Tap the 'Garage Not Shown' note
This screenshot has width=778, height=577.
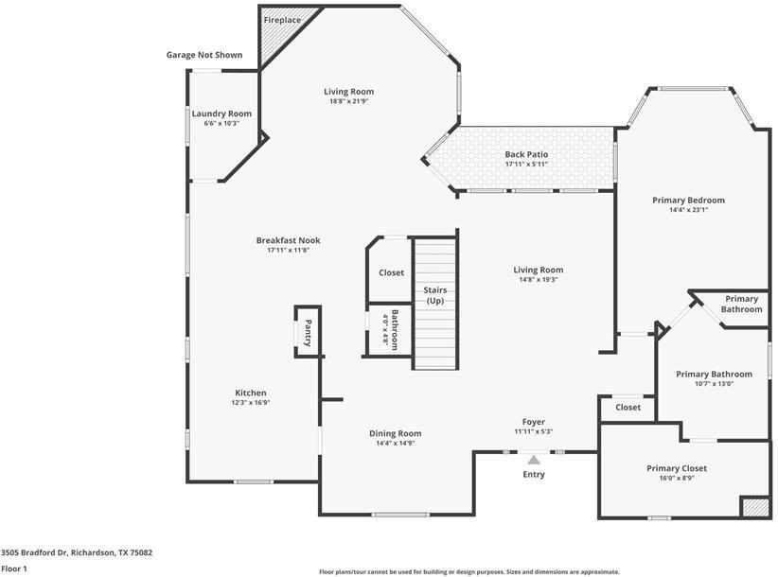[x=204, y=55]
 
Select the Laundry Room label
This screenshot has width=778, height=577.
[x=221, y=114]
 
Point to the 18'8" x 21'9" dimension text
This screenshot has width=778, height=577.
[x=350, y=101]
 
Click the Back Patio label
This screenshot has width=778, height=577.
[x=526, y=154]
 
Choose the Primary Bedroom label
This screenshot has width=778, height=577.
[x=688, y=200]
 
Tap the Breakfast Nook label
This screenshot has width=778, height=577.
[x=289, y=240]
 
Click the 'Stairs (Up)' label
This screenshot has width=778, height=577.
[x=434, y=295]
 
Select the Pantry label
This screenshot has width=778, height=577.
[x=308, y=332]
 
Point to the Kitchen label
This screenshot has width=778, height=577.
[x=251, y=393]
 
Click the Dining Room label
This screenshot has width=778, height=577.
[x=395, y=433]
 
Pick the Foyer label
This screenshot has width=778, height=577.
[x=534, y=422]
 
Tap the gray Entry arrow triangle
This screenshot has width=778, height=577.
[x=534, y=460]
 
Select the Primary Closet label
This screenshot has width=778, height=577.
[x=677, y=468]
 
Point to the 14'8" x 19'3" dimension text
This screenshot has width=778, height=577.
[x=539, y=279]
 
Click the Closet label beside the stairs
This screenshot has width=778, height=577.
[x=391, y=272]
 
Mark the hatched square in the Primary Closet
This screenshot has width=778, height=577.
[x=754, y=508]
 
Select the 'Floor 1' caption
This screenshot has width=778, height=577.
[x=14, y=568]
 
